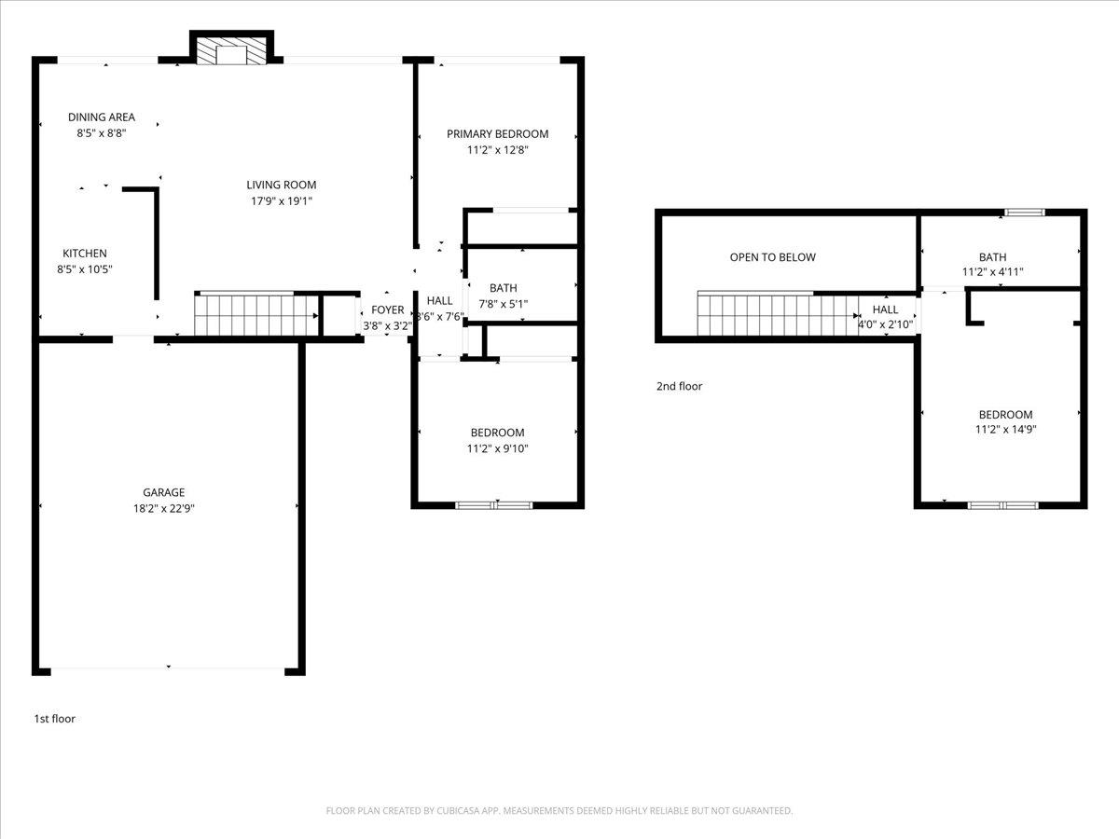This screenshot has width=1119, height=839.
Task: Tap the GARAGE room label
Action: coord(163,492)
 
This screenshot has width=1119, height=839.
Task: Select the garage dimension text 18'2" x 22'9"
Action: coord(163,508)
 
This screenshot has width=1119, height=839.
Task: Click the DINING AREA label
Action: coord(101,117)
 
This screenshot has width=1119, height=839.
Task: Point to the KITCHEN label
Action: coord(85,254)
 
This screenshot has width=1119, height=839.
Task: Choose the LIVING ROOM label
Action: coord(281,185)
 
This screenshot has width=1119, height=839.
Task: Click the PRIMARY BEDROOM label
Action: coord(497,133)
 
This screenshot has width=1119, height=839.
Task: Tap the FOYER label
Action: coord(388,310)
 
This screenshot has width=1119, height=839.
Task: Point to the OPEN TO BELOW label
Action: coord(772,257)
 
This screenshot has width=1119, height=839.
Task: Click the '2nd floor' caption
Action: coord(679,386)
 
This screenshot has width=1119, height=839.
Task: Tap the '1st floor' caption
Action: coord(55,719)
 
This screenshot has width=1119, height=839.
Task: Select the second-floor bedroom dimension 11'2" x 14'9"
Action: coord(1005,430)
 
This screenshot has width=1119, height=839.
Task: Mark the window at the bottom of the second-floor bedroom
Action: coord(1002,505)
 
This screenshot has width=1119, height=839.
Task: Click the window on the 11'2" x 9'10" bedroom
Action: coord(494,505)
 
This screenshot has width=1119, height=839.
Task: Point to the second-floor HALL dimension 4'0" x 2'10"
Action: coord(885,325)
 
